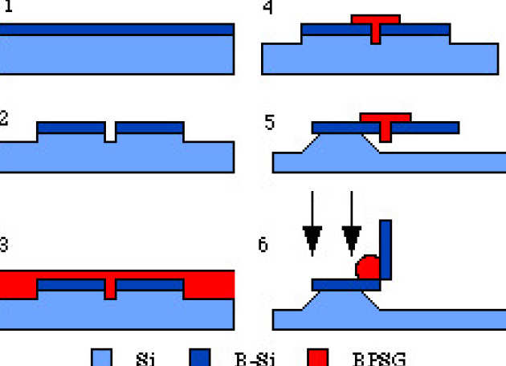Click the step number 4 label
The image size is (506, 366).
(x=268, y=8)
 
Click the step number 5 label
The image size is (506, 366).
(x=269, y=123)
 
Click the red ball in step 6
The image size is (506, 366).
(x=368, y=267)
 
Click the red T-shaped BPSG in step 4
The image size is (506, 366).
(x=375, y=22)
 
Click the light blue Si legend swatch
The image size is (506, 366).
(x=102, y=356)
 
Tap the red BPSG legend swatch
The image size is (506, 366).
(x=319, y=356)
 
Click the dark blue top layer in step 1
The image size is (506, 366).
(x=116, y=29)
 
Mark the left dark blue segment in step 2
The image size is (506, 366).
(x=71, y=128)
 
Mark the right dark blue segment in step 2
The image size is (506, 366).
(x=149, y=128)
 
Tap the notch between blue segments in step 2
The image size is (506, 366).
(x=110, y=132)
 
